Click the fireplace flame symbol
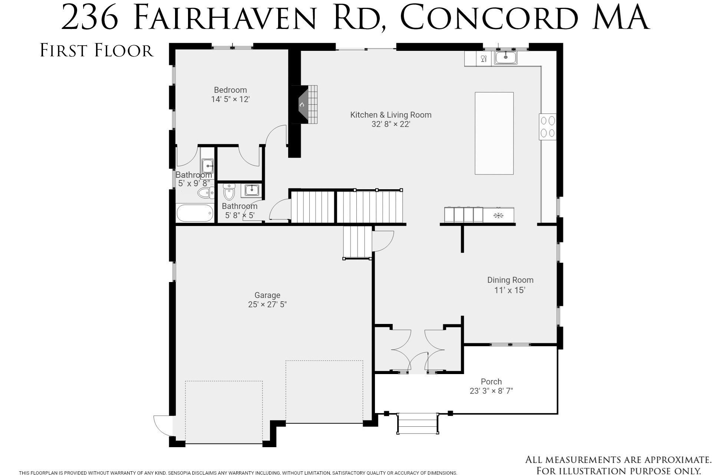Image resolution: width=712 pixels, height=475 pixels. pyautogui.click(x=301, y=105)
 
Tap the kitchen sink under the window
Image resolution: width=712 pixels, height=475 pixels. pyautogui.click(x=505, y=58)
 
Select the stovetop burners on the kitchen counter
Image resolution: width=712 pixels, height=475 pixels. pyautogui.click(x=548, y=127)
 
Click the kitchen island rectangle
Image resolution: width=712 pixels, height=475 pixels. pyautogui.click(x=494, y=133)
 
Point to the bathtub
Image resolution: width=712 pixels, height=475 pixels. pyautogui.click(x=195, y=213)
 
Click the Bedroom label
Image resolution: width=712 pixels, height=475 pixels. pyautogui.click(x=230, y=90)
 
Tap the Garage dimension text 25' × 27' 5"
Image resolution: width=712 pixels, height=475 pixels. pyautogui.click(x=267, y=305)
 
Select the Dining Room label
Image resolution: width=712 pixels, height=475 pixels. pyautogui.click(x=510, y=280)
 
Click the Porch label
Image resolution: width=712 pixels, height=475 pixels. pyautogui.click(x=491, y=381)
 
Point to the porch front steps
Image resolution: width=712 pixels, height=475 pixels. pyautogui.click(x=418, y=423)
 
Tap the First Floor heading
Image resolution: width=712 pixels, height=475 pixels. pyautogui.click(x=97, y=51)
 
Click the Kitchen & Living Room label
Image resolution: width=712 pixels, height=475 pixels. pyautogui.click(x=391, y=115)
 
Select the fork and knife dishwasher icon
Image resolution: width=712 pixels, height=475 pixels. pyautogui.click(x=484, y=59)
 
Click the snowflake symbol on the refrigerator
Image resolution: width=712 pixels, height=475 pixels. pyautogui.click(x=498, y=215)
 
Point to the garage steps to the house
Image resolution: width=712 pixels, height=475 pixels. pyautogui.click(x=357, y=242)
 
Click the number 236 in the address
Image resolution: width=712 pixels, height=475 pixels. pyautogui.click(x=89, y=18)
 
